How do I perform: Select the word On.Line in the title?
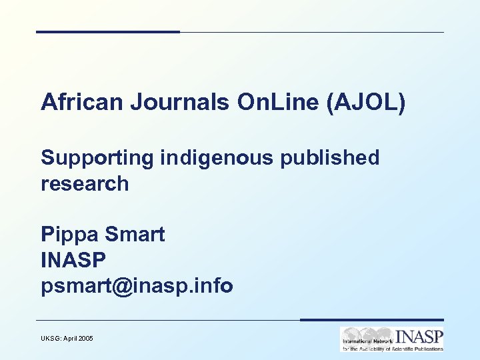(267, 103)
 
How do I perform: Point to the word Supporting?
(97, 158)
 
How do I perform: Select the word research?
(85, 183)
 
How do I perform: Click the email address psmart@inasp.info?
(137, 287)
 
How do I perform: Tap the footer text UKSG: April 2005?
(67, 339)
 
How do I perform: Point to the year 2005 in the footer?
(86, 339)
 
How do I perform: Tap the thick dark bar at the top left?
(107, 31)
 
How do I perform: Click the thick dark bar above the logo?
(371, 320)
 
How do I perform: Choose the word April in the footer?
(70, 339)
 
